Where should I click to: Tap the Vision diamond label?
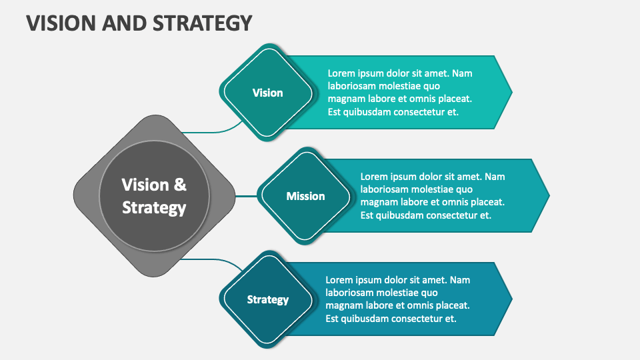click(267, 93)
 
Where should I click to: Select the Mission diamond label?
click(305, 196)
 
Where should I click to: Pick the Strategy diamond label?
click(267, 299)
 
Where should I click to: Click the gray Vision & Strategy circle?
click(154, 196)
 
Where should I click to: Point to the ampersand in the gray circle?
click(180, 185)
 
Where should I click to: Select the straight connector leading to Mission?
click(247, 196)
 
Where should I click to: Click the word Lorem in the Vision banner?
click(341, 73)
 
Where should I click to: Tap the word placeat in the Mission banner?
click(486, 202)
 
